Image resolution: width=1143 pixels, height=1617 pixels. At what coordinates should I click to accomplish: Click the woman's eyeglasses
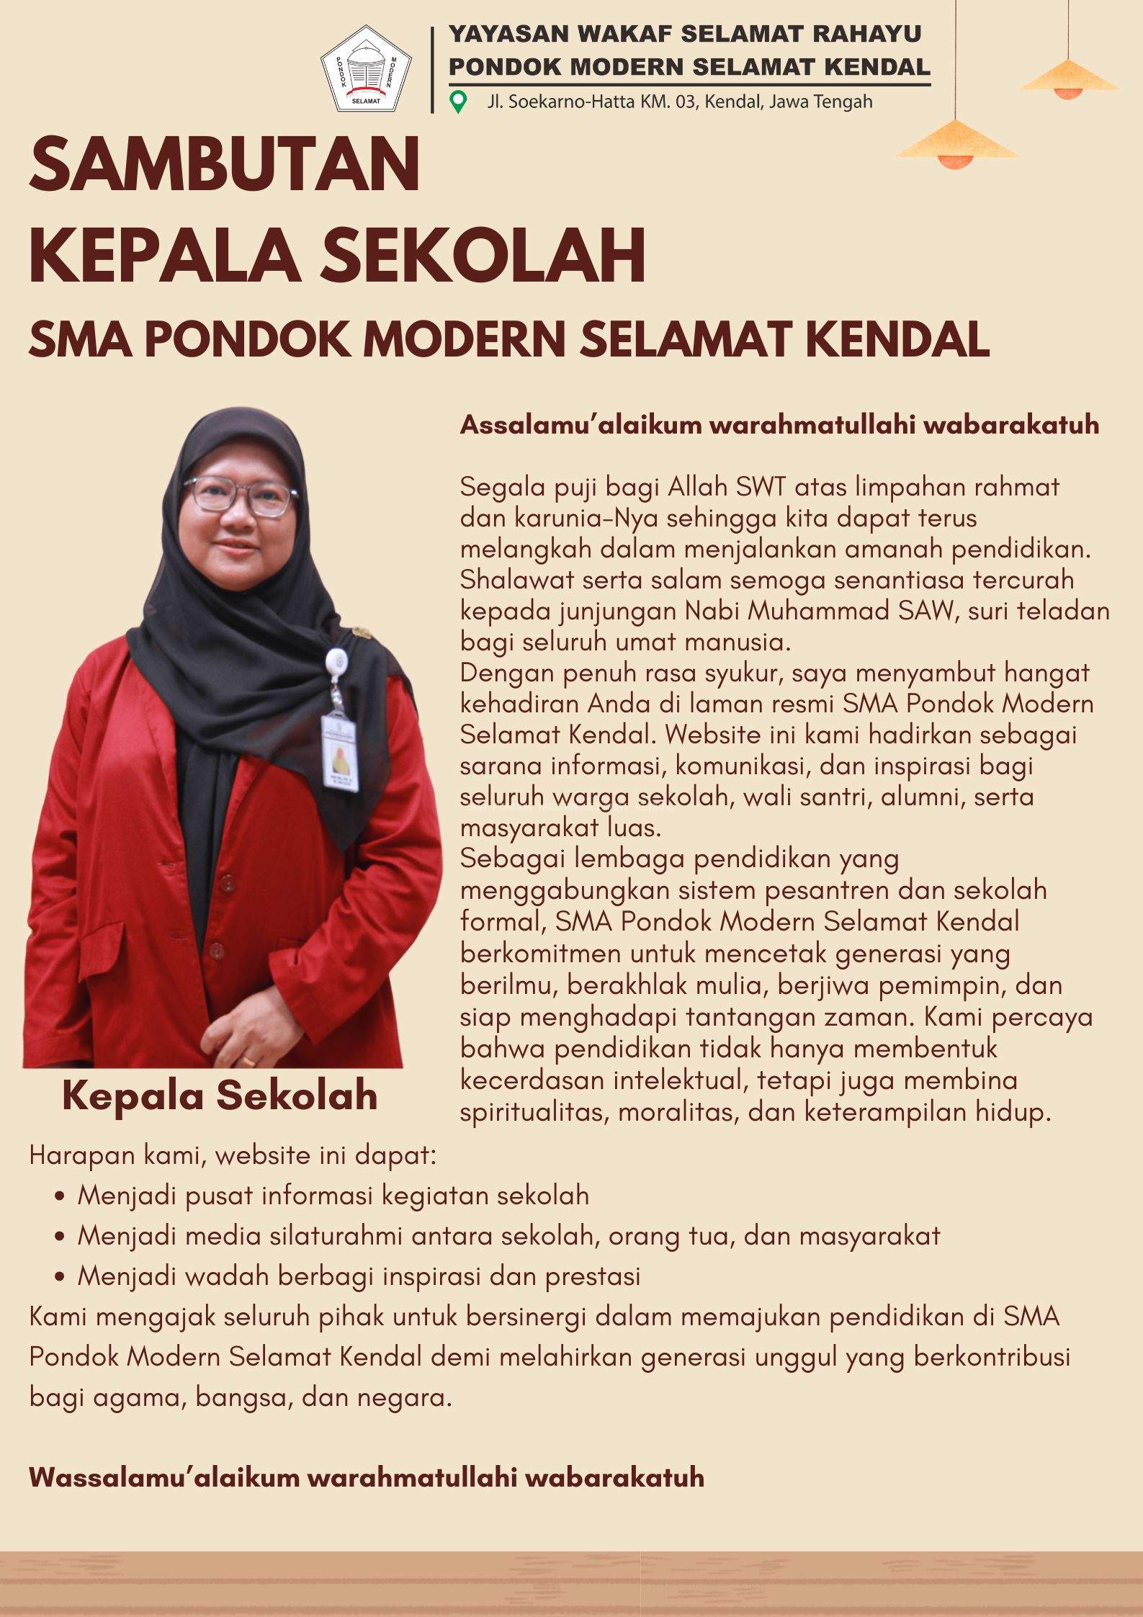[x=241, y=496]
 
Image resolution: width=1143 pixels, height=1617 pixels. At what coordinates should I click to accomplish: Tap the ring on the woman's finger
[x=247, y=1062]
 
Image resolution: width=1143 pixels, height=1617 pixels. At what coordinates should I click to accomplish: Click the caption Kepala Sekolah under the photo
[x=220, y=1096]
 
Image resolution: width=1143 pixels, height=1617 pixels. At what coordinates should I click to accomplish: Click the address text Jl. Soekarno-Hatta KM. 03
[x=593, y=102]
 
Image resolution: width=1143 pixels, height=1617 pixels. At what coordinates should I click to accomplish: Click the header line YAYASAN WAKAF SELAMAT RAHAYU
[x=685, y=33]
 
